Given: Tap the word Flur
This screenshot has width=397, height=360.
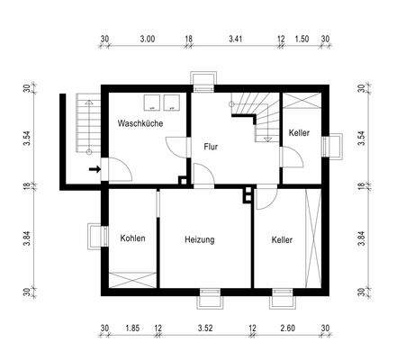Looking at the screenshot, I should pos(212,146).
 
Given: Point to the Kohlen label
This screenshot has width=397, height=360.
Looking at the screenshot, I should pos(132,238).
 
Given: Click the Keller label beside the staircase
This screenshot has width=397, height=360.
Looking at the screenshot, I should pos(299,133).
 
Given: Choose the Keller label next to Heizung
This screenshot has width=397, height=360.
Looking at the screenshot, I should pos(282,240).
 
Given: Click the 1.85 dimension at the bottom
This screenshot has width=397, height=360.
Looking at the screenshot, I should pos(132,328).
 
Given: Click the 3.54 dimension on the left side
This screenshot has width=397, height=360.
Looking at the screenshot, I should pos(27,137).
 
